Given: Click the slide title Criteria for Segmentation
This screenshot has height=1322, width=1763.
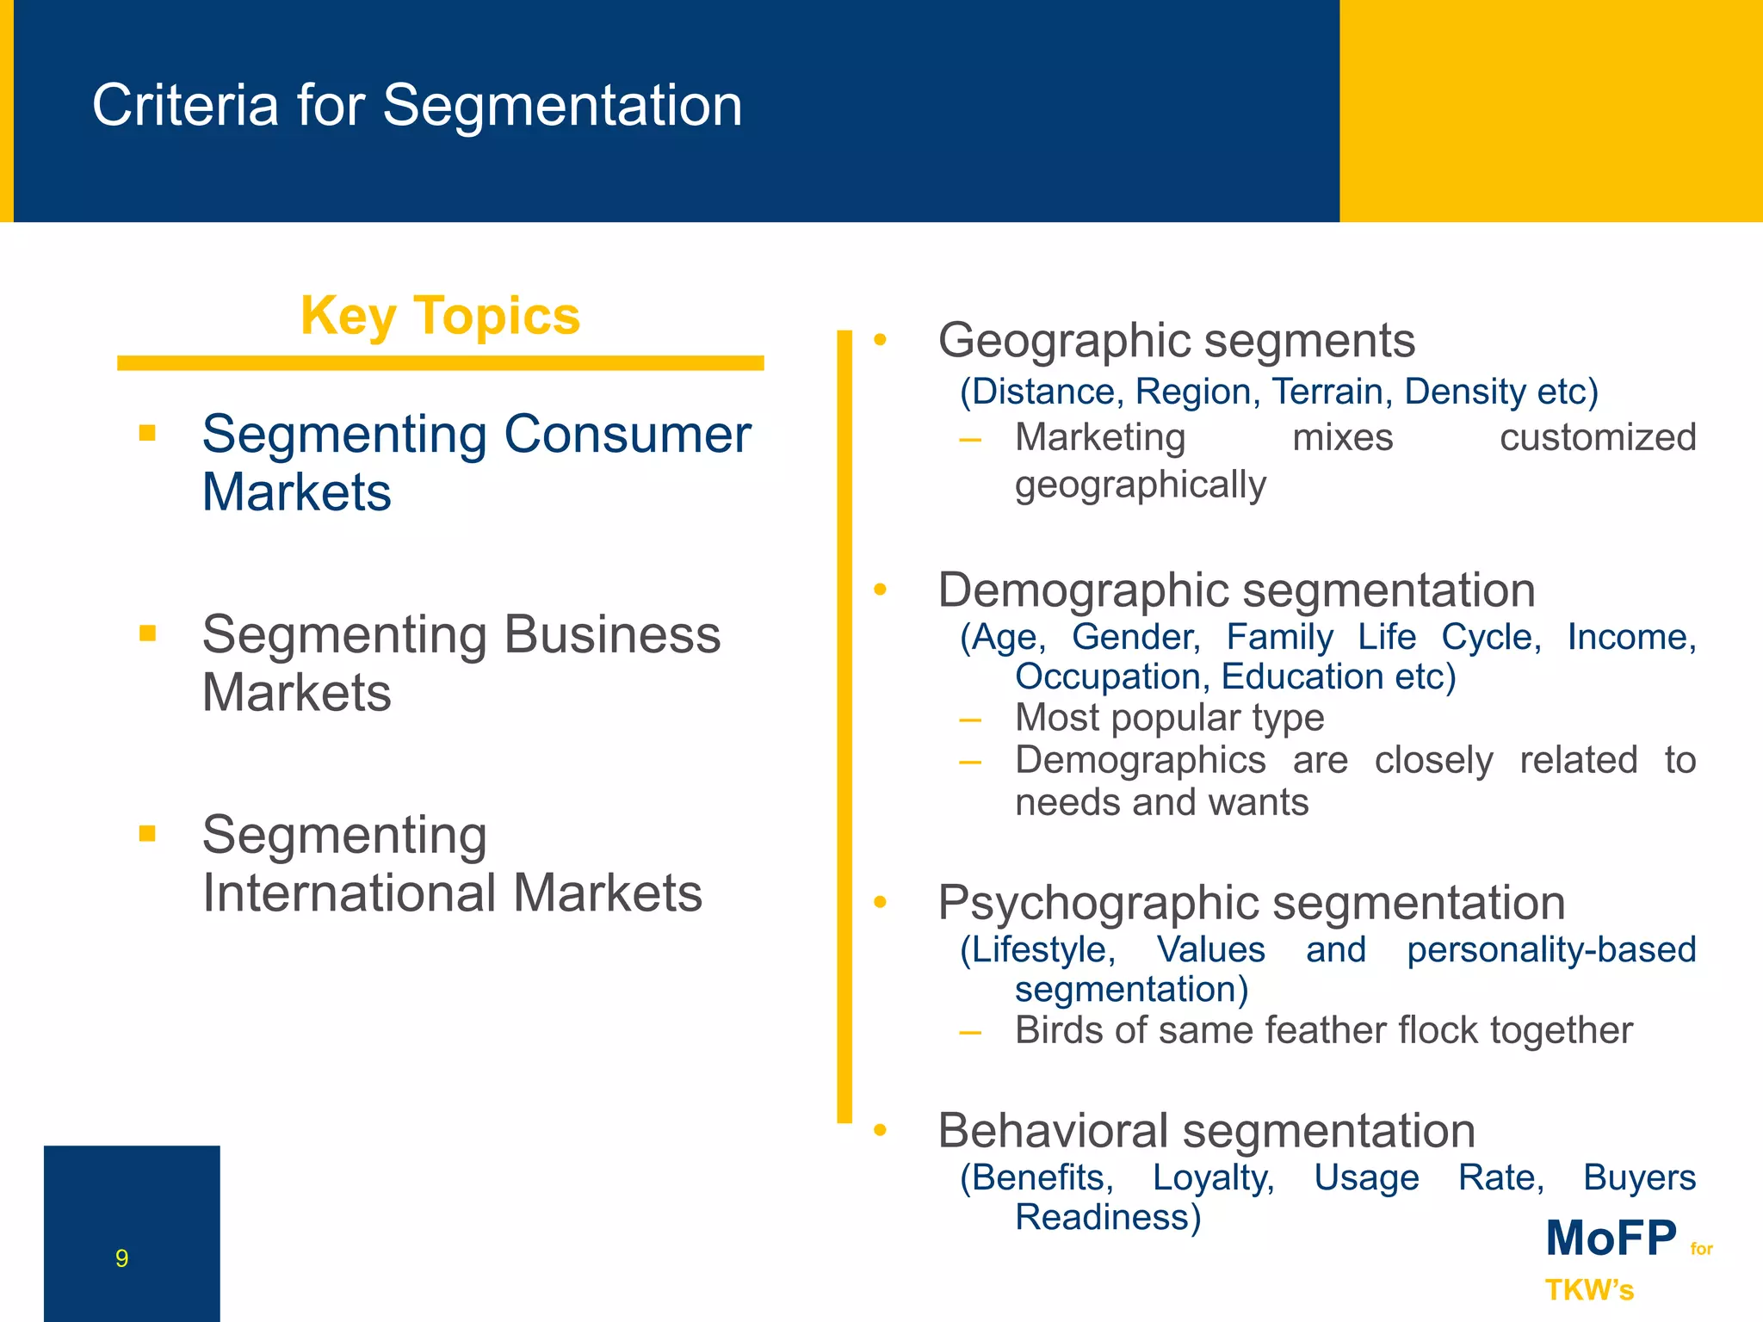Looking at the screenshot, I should (417, 106).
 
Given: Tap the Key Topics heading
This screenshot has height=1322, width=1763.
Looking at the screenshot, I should (440, 316).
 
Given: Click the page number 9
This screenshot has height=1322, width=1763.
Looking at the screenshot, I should (122, 1258).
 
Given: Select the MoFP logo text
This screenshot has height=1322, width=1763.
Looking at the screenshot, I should (1611, 1239).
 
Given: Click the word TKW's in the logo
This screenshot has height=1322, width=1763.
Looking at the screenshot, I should (1589, 1290).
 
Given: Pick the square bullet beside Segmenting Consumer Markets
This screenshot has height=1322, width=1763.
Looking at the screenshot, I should (147, 433).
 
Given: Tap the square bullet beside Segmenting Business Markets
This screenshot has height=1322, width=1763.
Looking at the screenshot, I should (147, 633).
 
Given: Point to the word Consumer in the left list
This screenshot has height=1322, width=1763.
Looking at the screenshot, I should (627, 434).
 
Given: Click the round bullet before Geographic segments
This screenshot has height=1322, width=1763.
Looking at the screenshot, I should (879, 340).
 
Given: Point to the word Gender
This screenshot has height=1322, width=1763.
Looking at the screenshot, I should (1135, 638).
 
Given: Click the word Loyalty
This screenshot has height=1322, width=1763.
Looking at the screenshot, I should (1213, 1177).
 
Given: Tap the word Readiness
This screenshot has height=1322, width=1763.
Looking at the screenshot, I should (1107, 1217).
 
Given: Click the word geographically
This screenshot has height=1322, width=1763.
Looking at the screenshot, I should (1140, 485).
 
